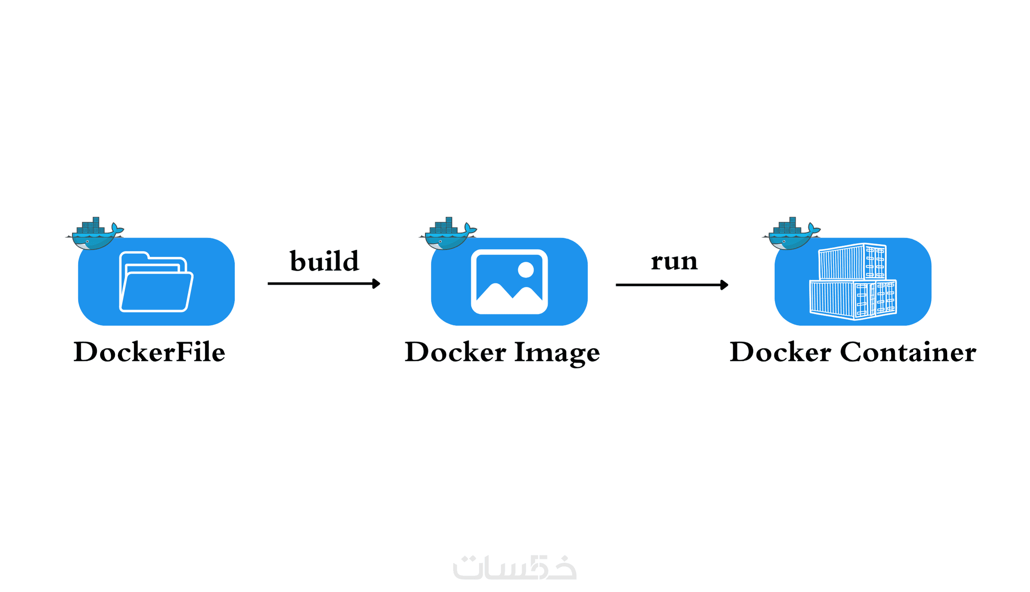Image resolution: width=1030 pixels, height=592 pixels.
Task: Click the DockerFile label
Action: pos(149,352)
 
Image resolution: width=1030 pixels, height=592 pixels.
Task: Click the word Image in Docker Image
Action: pos(557,353)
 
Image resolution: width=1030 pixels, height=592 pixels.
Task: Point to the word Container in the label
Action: pos(908,352)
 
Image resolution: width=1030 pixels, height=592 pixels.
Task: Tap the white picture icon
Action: pos(509,282)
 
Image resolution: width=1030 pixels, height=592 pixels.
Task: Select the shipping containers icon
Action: pos(853,282)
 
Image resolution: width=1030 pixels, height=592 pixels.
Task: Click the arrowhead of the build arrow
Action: pos(376,283)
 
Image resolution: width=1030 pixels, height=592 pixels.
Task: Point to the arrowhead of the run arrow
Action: pos(724,285)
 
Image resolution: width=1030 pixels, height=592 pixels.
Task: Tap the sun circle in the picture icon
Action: pos(526,270)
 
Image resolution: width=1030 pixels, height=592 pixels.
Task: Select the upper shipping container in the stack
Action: pos(852,262)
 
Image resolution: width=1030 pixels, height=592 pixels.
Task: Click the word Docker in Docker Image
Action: pos(455,352)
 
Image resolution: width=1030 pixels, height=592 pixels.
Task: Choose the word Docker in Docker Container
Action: pos(780,352)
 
